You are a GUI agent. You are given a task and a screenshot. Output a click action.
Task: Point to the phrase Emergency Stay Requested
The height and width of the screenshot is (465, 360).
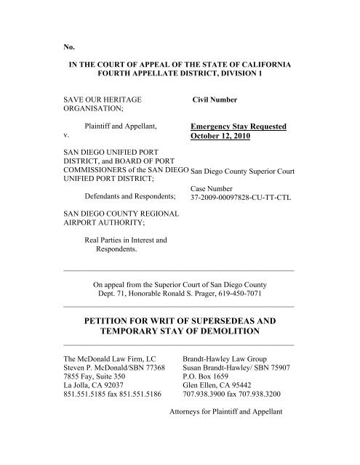227,125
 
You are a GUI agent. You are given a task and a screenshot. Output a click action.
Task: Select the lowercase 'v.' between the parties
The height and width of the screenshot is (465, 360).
68,135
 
